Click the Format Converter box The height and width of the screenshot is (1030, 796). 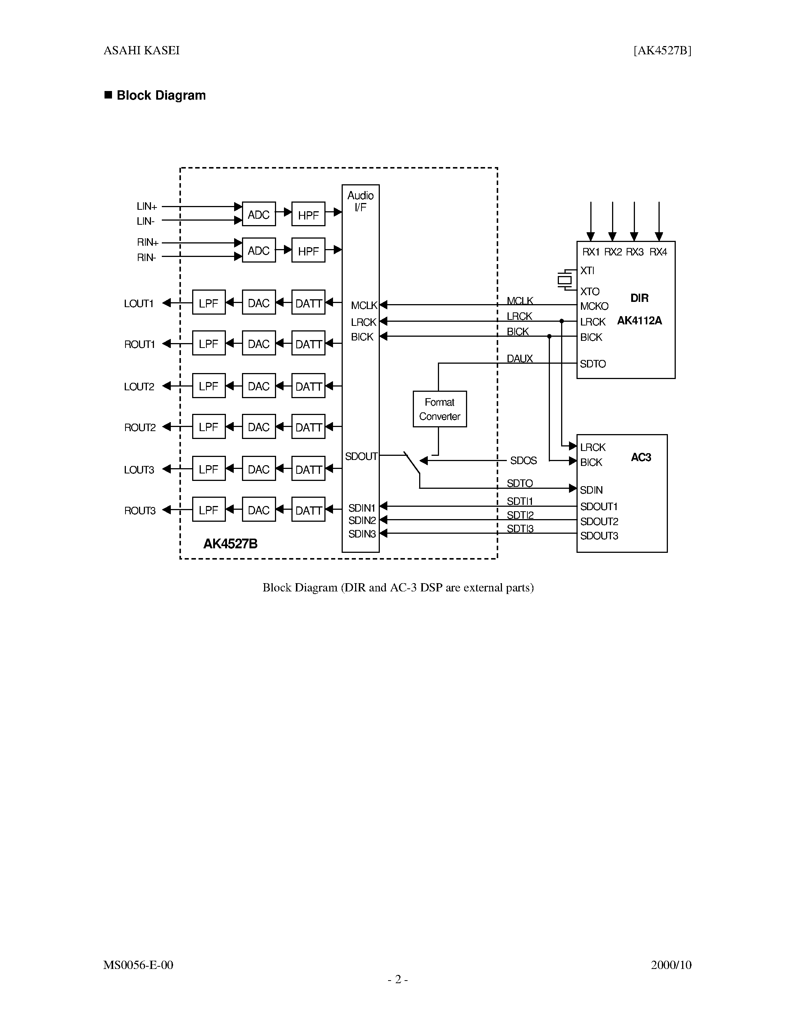(x=439, y=409)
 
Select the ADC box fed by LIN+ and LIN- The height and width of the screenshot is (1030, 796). (x=258, y=214)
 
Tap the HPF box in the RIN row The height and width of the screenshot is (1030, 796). (x=308, y=251)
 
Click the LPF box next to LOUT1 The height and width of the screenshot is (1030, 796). (x=208, y=302)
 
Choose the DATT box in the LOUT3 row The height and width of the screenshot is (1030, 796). (x=308, y=469)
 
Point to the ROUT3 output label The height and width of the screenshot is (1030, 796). (x=140, y=510)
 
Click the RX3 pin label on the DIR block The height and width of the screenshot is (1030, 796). (x=634, y=252)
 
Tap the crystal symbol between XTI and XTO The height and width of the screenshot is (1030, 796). (x=565, y=280)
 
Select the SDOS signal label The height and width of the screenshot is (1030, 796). (x=523, y=460)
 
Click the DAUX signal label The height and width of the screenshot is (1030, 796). (x=519, y=358)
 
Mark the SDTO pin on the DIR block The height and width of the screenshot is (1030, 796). (x=593, y=364)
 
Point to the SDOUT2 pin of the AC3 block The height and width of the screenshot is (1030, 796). (x=599, y=521)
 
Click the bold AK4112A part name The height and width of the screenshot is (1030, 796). (x=639, y=321)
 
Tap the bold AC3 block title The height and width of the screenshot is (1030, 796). (x=641, y=457)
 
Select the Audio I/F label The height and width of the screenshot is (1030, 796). (x=360, y=201)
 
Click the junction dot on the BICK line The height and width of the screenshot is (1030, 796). (x=549, y=336)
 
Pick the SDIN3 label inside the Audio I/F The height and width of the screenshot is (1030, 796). (x=362, y=534)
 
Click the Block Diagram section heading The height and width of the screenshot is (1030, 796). (x=160, y=95)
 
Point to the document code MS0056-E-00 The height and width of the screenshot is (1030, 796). (x=138, y=965)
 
